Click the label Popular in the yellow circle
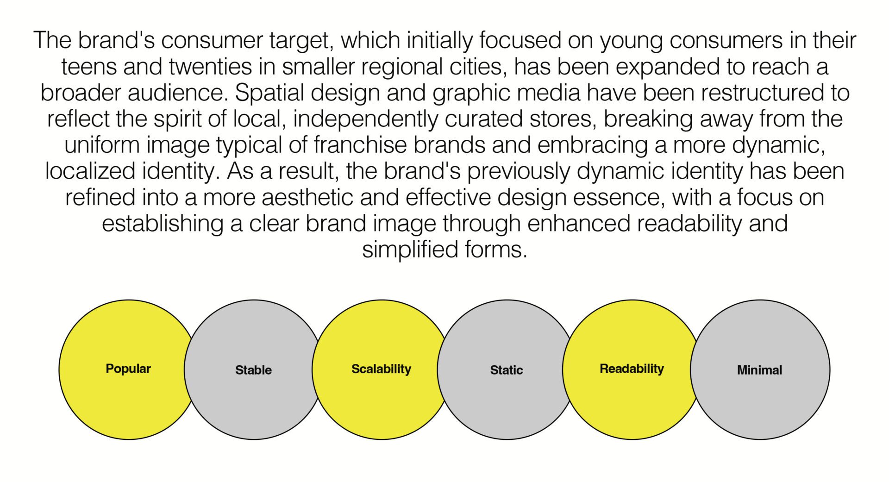(128, 369)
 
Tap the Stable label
(253, 370)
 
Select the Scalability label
(381, 369)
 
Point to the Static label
(507, 370)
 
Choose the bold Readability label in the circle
(632, 369)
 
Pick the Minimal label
(759, 370)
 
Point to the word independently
(365, 119)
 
